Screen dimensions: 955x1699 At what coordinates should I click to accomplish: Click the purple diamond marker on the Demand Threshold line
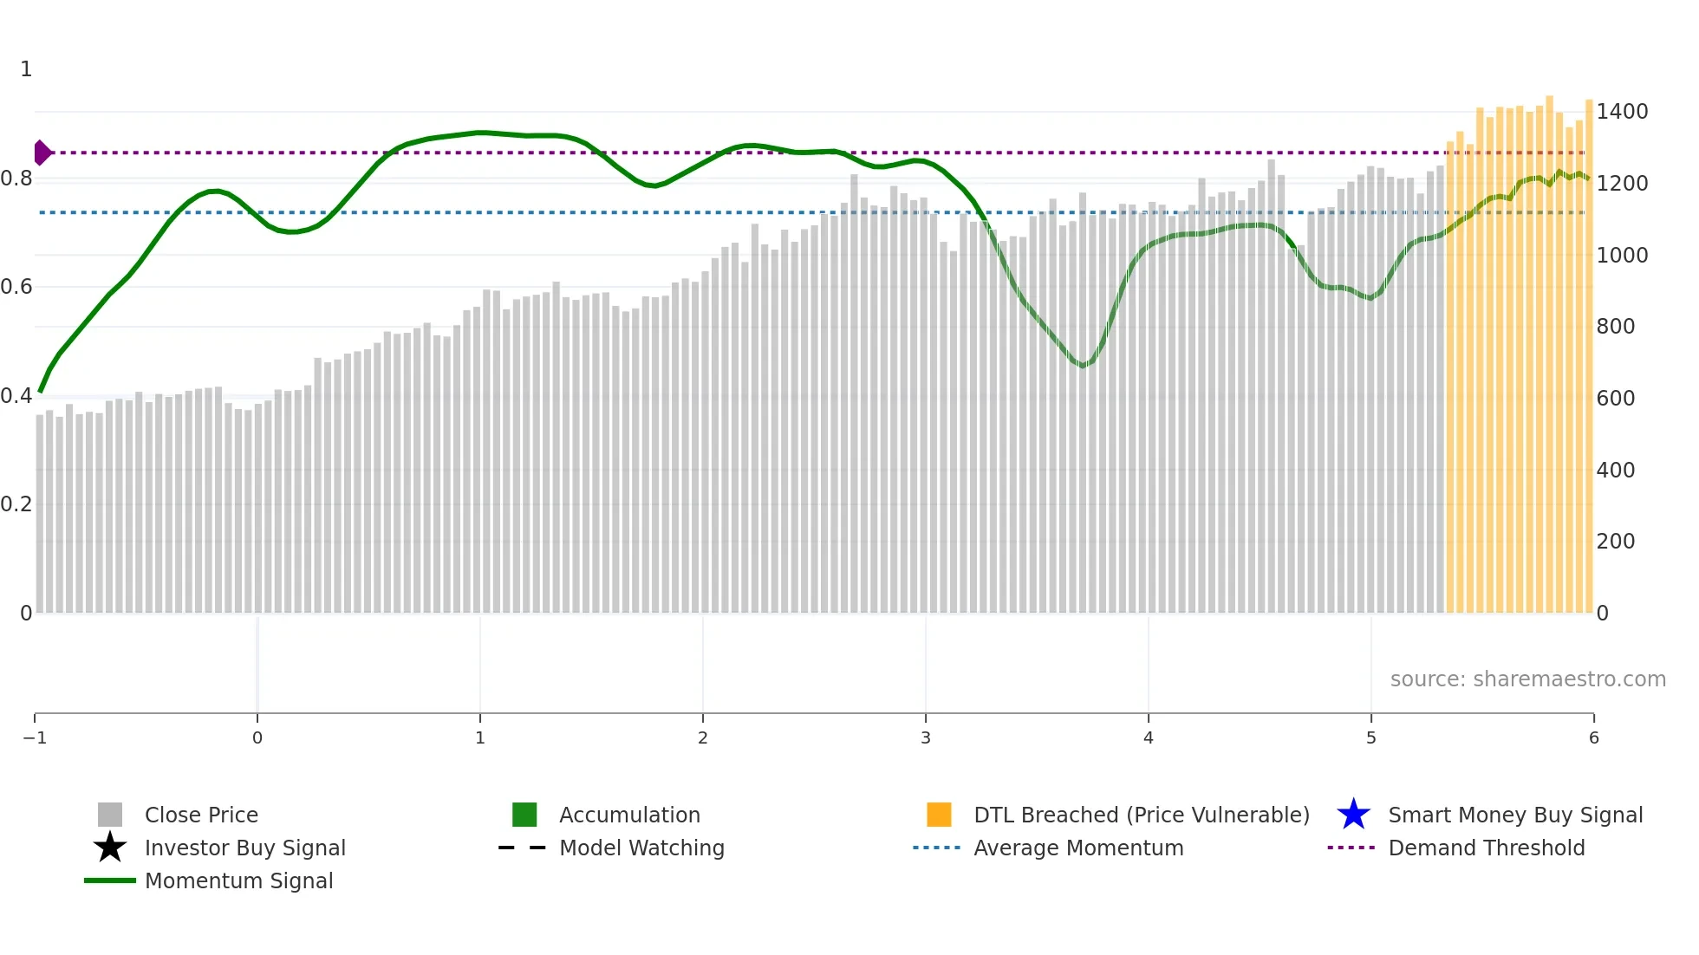42,153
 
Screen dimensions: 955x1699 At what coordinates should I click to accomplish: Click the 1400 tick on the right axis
1622,112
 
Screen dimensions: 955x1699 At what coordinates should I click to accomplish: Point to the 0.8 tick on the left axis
16,179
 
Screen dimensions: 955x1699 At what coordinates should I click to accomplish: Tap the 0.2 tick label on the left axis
16,504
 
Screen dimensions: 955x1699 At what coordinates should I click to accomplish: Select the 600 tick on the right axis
1615,399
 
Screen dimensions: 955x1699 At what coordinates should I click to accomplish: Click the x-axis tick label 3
925,738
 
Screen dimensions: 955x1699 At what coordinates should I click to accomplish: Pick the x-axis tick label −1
35,738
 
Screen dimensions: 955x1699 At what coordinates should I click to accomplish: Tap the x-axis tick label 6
1593,738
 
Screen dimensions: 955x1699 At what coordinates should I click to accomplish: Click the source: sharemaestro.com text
1527,679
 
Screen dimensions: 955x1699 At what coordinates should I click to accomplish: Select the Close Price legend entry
201,815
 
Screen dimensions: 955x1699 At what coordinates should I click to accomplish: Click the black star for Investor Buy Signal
110,848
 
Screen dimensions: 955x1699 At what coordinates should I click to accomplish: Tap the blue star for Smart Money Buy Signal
1353,815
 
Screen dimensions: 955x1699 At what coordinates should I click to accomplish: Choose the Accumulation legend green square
524,815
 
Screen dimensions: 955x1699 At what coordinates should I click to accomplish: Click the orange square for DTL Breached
939,815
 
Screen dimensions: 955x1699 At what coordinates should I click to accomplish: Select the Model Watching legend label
641,848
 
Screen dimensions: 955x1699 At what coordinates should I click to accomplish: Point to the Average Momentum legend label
1078,848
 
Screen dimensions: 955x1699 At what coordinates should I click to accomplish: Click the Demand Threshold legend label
1486,848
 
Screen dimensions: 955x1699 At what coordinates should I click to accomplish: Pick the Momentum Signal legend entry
238,881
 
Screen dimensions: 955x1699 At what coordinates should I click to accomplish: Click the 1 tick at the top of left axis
26,69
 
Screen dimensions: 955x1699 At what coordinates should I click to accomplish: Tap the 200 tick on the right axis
1615,542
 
